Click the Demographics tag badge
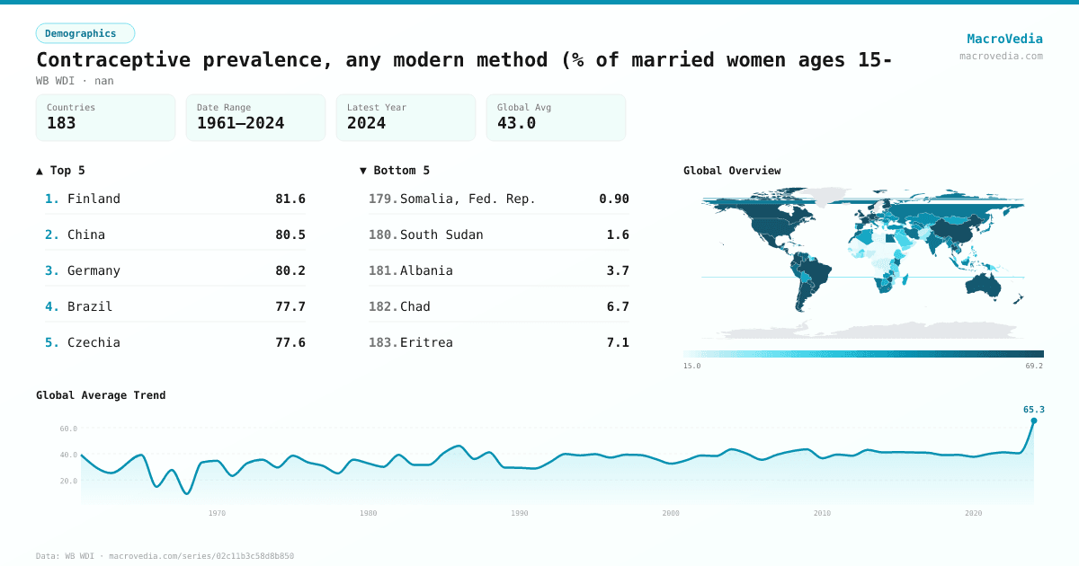point(85,33)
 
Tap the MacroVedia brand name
point(1004,39)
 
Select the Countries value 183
point(61,123)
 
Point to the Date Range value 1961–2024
point(240,123)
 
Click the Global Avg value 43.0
point(516,123)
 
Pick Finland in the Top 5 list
point(94,199)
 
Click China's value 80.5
point(290,234)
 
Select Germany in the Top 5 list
point(94,270)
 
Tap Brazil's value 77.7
point(290,306)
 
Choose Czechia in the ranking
point(94,342)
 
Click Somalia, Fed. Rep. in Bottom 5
point(468,199)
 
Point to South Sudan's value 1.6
point(618,234)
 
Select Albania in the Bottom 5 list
point(426,270)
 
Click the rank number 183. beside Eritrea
point(382,342)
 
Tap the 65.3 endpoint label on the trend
point(1033,410)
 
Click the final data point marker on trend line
point(1033,420)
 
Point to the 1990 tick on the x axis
point(519,513)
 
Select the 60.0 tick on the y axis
point(68,429)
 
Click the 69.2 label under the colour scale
point(1033,366)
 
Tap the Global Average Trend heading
point(101,395)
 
